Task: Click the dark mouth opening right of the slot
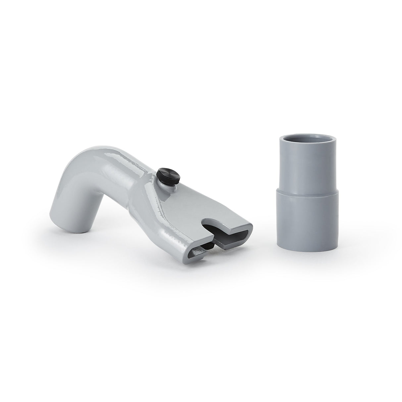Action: pos(232,233)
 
